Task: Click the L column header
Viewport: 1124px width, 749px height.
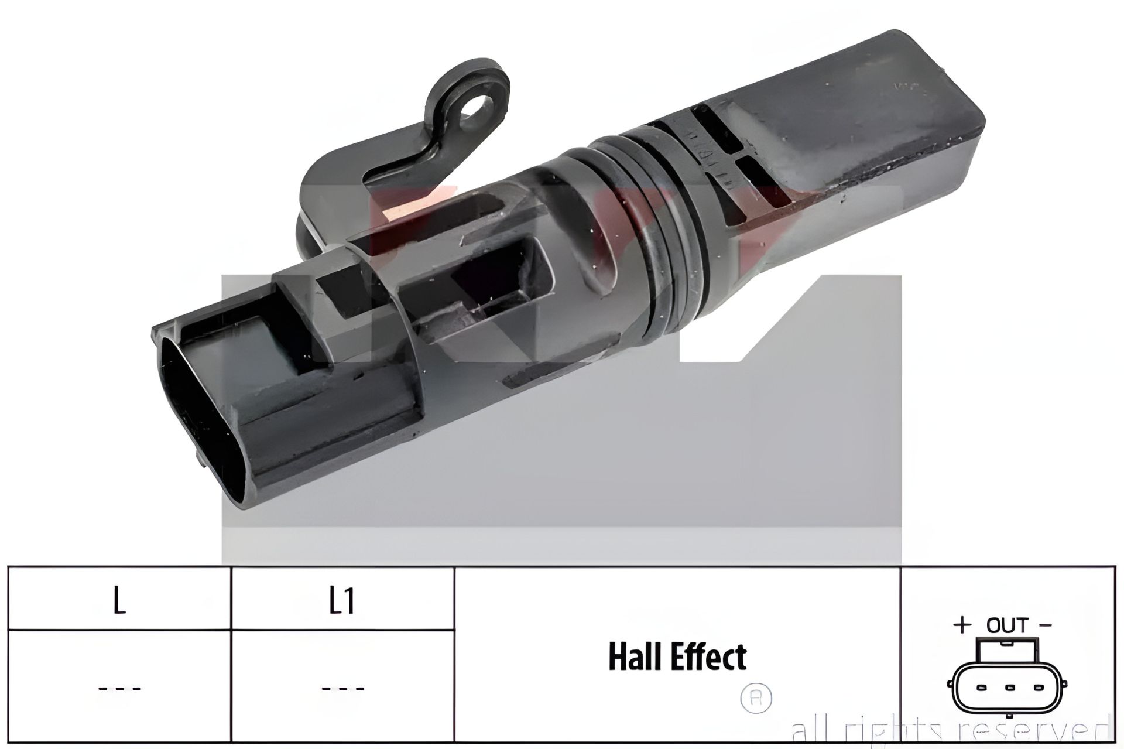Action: pyautogui.click(x=119, y=601)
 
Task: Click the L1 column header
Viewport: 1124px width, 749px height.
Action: pyautogui.click(x=342, y=601)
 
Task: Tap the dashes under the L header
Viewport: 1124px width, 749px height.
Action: pyautogui.click(x=119, y=689)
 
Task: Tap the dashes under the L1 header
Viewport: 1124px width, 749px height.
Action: pyautogui.click(x=343, y=689)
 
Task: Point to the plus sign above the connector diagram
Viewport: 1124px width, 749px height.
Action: pyautogui.click(x=962, y=625)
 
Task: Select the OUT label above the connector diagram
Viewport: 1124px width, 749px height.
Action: pyautogui.click(x=1007, y=625)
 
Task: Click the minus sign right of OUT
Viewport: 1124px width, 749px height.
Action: pyautogui.click(x=1046, y=624)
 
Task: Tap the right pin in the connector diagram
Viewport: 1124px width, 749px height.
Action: pyautogui.click(x=1039, y=688)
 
